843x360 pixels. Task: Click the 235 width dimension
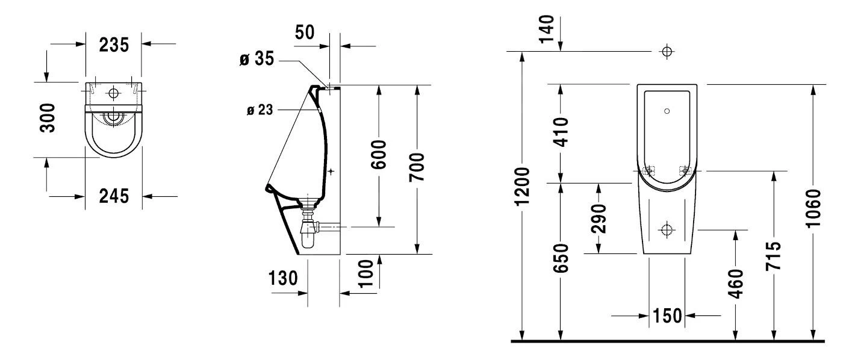click(x=113, y=44)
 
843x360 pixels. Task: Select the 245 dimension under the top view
click(x=113, y=196)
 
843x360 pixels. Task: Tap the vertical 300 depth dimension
click(x=52, y=117)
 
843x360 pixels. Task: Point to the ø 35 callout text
click(x=257, y=59)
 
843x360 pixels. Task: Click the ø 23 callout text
click(x=260, y=110)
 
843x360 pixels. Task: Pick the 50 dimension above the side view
click(x=305, y=33)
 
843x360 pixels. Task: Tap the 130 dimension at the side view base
click(x=282, y=278)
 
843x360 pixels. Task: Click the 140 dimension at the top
click(x=546, y=28)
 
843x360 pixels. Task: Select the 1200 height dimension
click(x=524, y=187)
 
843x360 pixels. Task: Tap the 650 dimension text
click(x=561, y=258)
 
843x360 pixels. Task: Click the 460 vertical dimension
click(x=735, y=284)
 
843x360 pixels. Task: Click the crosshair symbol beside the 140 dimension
click(x=667, y=51)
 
